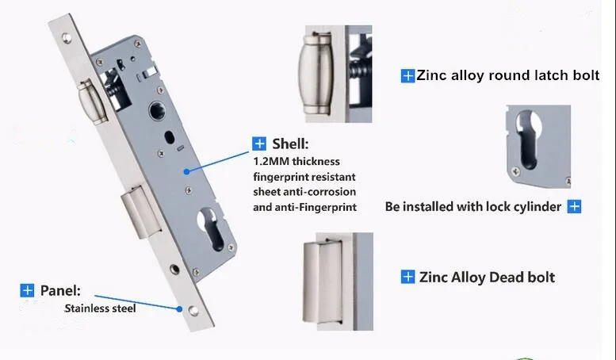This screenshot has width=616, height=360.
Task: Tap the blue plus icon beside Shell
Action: point(259,144)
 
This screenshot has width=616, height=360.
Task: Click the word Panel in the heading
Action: point(59,290)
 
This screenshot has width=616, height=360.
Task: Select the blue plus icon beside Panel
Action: point(28,290)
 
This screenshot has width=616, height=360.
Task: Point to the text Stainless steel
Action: point(100,308)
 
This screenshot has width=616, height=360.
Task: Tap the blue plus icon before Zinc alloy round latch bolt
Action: point(407,76)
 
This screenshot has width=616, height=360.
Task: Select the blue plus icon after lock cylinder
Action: point(575,207)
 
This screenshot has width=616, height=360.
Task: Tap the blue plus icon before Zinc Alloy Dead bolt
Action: point(407,277)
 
